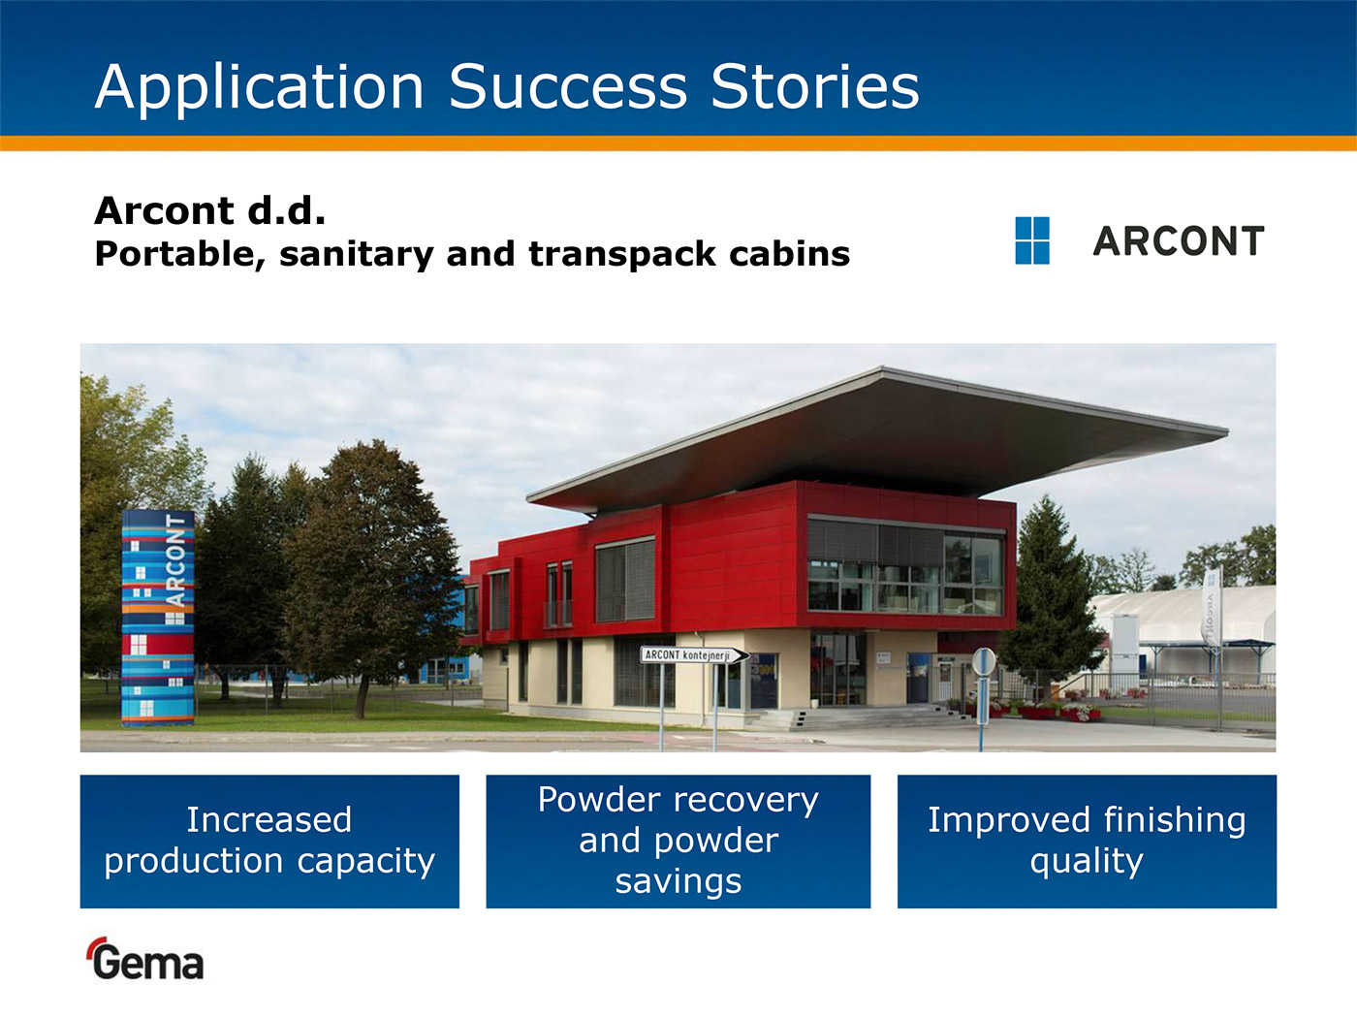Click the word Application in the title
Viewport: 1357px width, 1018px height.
(x=260, y=88)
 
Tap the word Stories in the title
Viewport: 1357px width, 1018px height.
(x=815, y=87)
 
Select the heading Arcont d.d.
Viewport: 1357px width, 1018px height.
(x=209, y=210)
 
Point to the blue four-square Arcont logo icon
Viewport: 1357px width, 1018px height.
(x=1032, y=240)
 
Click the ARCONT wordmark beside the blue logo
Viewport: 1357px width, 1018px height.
(x=1179, y=241)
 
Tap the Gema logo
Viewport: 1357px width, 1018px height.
(x=145, y=959)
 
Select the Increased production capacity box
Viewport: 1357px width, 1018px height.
(x=269, y=842)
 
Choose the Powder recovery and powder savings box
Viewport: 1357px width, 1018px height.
(x=678, y=842)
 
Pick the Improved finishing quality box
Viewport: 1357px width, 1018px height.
(x=1087, y=842)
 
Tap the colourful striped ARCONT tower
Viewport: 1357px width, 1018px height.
(x=158, y=618)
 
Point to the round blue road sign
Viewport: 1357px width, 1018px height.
(x=984, y=662)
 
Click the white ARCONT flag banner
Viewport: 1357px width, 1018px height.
(x=1212, y=607)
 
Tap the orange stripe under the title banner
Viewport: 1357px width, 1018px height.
(x=678, y=143)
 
